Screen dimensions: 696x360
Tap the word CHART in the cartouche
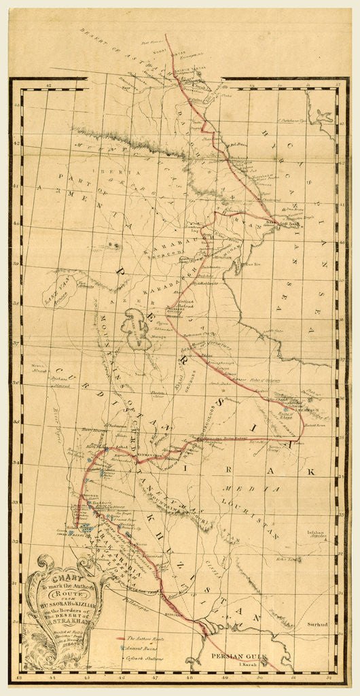point(62,573)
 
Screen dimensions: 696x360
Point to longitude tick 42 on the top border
point(48,85)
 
